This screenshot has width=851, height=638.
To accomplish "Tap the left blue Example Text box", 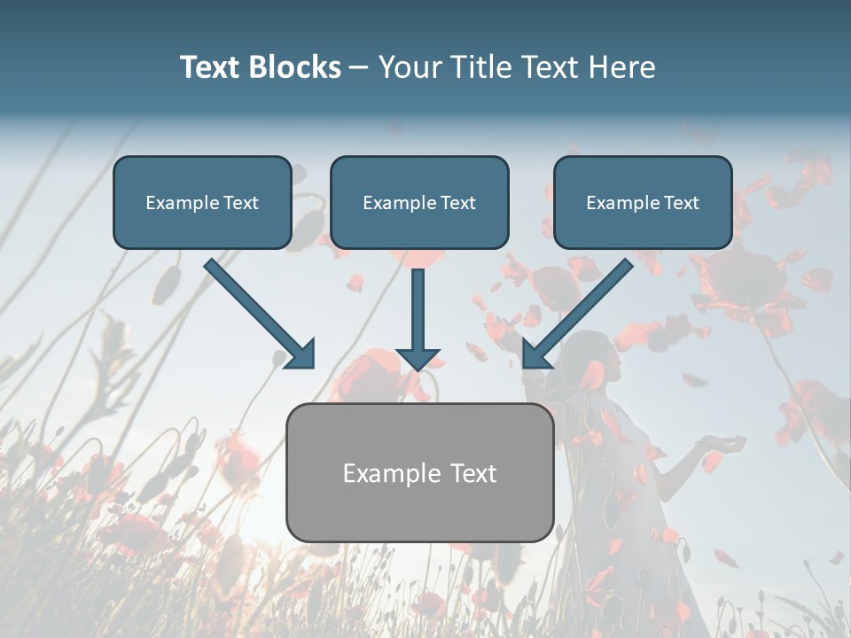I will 202,202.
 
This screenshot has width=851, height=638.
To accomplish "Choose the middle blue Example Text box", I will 419,202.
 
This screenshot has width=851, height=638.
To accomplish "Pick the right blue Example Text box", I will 643,202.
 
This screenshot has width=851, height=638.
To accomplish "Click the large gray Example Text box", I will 419,472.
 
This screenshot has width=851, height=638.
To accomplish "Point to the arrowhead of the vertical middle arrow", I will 418,358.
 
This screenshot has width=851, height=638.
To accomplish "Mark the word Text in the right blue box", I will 681,203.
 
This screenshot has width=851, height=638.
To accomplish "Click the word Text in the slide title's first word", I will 210,67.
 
